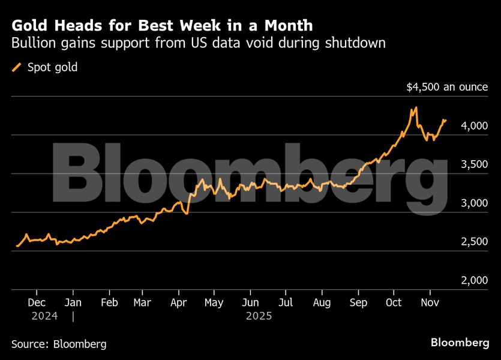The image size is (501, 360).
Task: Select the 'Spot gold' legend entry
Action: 45,67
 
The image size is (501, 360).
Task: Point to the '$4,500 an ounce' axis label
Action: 447,87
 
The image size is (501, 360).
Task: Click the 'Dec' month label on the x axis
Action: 37,302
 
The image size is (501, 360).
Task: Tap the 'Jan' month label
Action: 73,302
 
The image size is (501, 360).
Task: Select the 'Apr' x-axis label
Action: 178,302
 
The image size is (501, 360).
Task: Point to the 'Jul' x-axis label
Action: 286,302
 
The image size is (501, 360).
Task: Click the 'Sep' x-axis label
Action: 358,302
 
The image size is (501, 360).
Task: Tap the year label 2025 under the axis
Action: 259,316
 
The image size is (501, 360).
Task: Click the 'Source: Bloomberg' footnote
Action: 59,344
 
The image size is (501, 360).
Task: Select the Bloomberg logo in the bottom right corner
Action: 460,343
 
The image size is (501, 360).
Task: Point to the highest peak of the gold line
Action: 416,107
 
